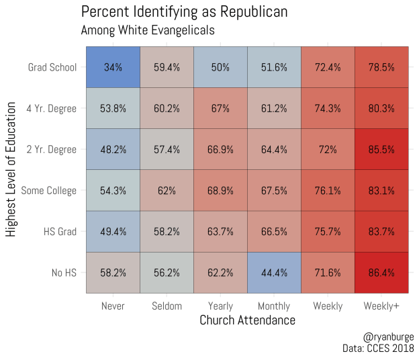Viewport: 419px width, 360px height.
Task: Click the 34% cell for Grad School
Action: click(x=113, y=67)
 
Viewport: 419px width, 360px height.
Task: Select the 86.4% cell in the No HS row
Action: click(x=381, y=273)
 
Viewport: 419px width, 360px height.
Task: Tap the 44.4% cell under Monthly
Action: click(x=274, y=273)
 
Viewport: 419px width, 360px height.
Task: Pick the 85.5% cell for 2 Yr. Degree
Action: click(x=381, y=149)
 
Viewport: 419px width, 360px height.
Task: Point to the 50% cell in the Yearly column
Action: click(x=220, y=67)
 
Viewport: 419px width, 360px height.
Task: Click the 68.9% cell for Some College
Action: click(x=220, y=191)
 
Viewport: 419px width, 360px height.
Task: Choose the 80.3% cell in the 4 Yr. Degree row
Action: click(x=381, y=108)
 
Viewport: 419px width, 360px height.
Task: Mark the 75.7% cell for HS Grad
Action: click(x=328, y=232)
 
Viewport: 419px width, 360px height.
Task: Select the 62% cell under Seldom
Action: click(x=167, y=191)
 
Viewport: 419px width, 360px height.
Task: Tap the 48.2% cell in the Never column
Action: click(x=113, y=149)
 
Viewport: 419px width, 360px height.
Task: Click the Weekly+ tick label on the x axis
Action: click(x=381, y=306)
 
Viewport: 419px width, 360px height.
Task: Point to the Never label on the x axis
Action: click(x=113, y=306)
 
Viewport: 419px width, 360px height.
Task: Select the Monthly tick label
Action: click(x=274, y=306)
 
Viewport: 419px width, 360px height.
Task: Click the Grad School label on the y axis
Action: click(x=52, y=67)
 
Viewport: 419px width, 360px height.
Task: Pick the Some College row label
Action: click(x=49, y=191)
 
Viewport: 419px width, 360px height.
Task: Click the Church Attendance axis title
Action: click(x=247, y=320)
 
